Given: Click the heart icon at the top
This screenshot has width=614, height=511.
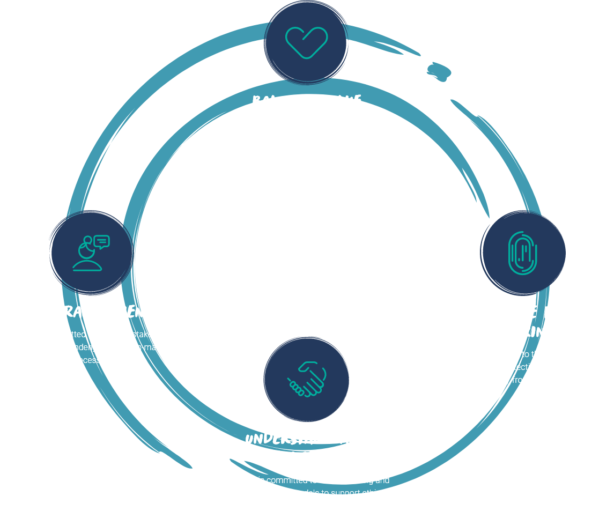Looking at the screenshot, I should [x=306, y=42].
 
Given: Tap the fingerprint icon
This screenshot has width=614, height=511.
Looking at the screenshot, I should [x=523, y=253].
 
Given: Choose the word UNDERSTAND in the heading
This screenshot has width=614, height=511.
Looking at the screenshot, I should [x=289, y=439].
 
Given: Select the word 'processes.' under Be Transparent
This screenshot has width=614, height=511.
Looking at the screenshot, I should [x=91, y=360].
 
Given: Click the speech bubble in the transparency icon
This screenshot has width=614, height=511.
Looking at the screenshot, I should [x=101, y=242].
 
